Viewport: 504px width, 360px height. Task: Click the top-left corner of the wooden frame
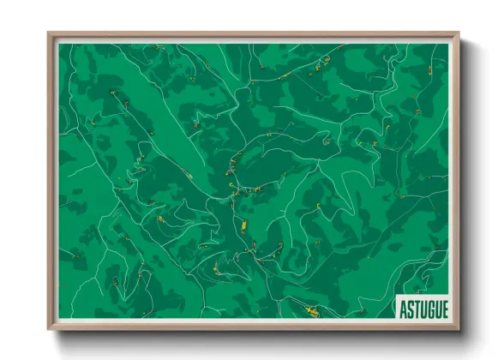(49, 33)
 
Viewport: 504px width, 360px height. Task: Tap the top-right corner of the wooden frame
(459, 33)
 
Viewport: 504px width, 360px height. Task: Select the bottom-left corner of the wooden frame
(49, 329)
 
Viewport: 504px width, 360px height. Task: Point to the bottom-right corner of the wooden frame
(459, 329)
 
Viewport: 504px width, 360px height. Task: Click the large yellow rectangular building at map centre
(243, 225)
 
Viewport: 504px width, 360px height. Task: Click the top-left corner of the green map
(59, 44)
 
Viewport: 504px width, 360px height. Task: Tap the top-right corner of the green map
(448, 44)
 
